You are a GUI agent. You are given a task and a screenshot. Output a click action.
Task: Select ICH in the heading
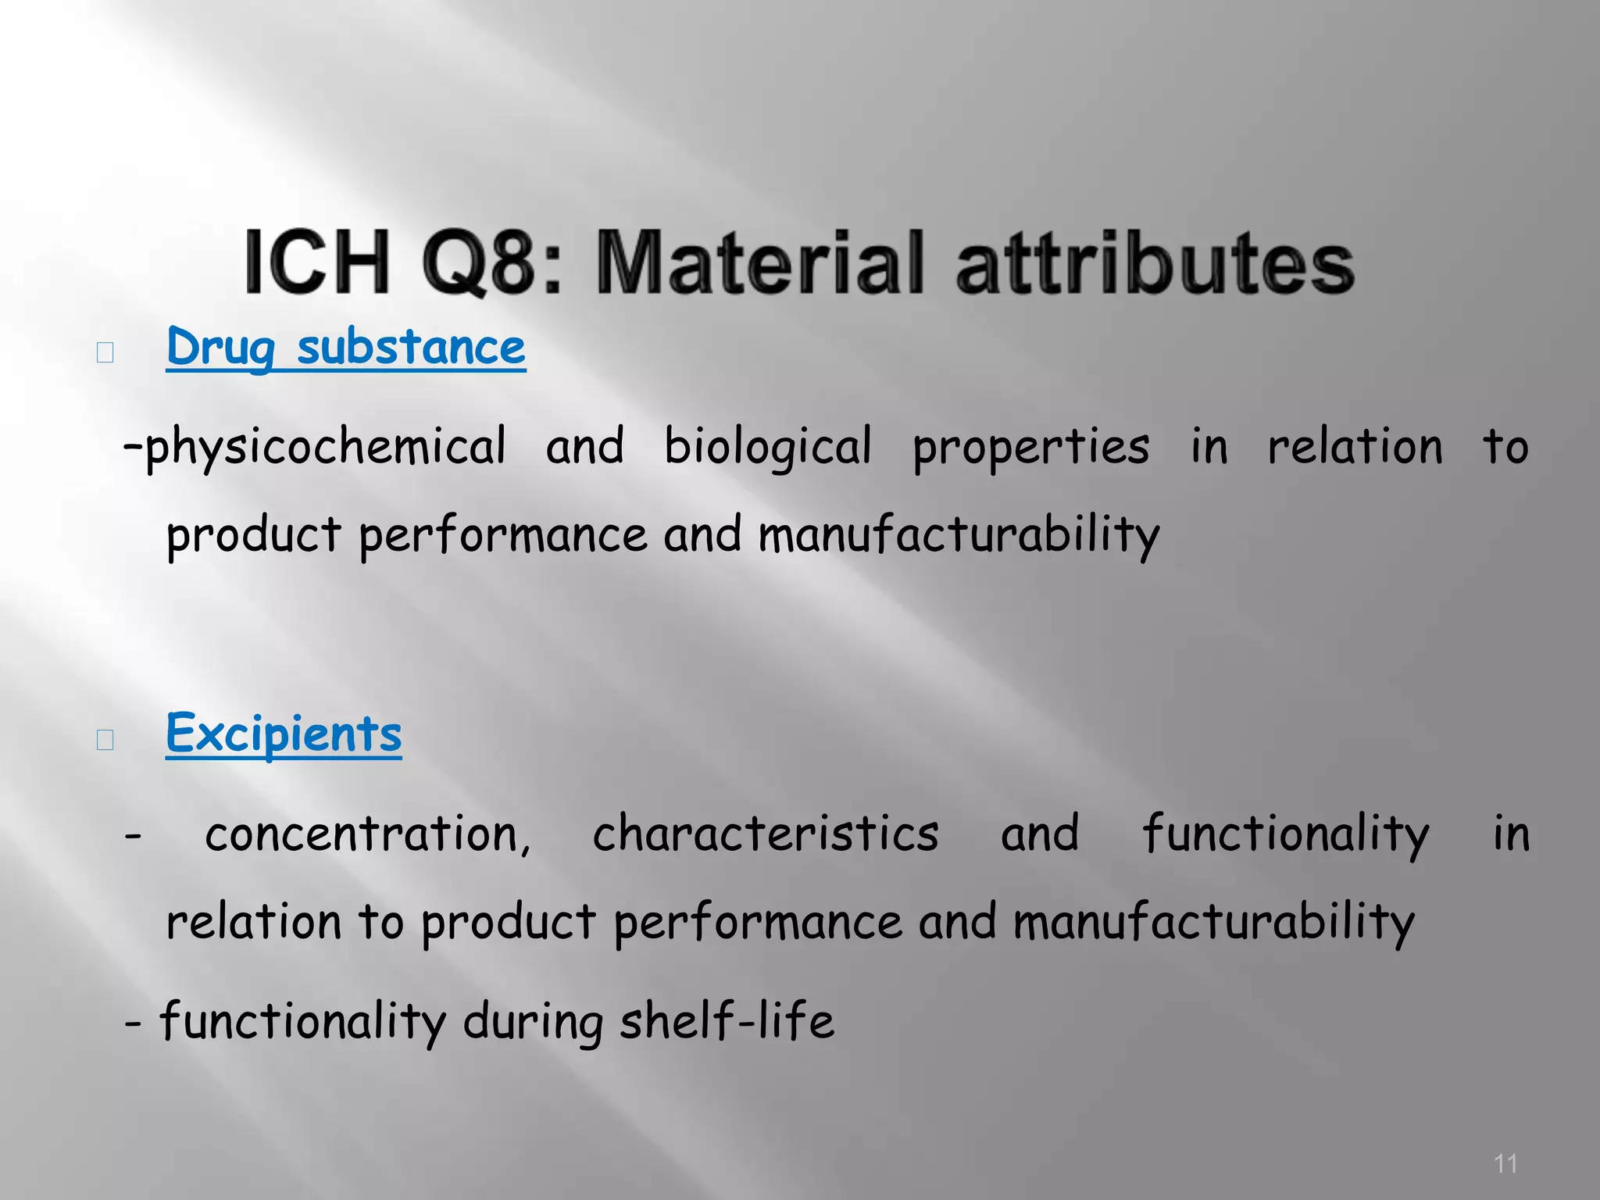pyautogui.click(x=316, y=262)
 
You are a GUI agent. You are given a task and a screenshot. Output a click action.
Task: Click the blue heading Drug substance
pyautogui.click(x=346, y=348)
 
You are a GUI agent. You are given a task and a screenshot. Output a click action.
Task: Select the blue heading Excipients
pyautogui.click(x=284, y=734)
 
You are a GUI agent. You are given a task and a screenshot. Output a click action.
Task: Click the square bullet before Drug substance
pyautogui.click(x=105, y=353)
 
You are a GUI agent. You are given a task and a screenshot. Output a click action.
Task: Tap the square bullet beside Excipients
pyautogui.click(x=105, y=739)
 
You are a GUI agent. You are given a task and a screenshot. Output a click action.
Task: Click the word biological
pyautogui.click(x=767, y=448)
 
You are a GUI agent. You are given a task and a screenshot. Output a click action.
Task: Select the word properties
pyautogui.click(x=1031, y=448)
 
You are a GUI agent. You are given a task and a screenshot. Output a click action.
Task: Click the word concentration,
pyautogui.click(x=367, y=834)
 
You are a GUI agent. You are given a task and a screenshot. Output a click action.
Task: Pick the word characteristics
pyautogui.click(x=766, y=834)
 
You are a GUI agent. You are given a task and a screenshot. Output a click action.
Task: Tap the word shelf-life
pyautogui.click(x=727, y=1021)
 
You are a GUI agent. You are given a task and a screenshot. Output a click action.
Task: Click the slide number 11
pyautogui.click(x=1505, y=1163)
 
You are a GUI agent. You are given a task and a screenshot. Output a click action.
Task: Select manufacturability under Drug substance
pyautogui.click(x=959, y=536)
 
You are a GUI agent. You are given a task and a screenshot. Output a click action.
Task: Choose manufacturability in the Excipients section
pyautogui.click(x=1213, y=922)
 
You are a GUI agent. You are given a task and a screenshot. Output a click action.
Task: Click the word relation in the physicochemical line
pyautogui.click(x=1355, y=448)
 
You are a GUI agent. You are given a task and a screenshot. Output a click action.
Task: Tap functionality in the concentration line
pyautogui.click(x=1285, y=834)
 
